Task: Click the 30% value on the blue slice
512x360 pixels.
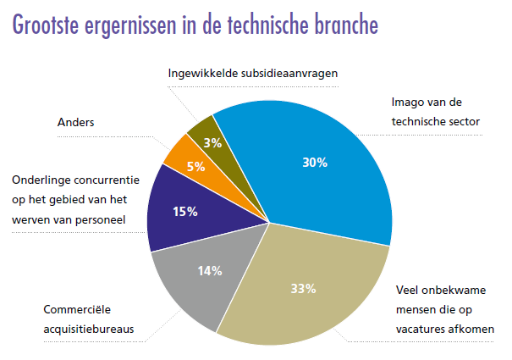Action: tap(316, 163)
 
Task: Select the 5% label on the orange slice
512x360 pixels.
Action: tap(195, 167)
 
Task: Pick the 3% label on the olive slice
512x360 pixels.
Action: tap(212, 142)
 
